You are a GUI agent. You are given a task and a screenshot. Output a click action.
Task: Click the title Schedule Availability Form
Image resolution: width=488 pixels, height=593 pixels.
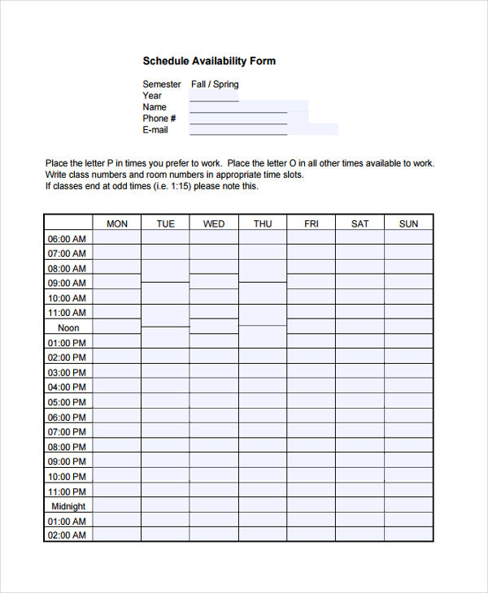click(209, 61)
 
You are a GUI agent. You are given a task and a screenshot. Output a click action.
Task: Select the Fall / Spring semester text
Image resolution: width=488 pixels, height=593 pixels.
click(215, 84)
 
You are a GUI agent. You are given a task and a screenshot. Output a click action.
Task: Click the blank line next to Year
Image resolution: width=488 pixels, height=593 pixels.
click(214, 97)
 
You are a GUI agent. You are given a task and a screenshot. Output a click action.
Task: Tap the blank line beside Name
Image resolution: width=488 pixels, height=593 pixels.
click(238, 109)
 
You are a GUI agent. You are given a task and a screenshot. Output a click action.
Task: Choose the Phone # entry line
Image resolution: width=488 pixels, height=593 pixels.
click(238, 120)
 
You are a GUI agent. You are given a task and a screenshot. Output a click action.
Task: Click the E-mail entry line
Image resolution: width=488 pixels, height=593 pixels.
click(238, 131)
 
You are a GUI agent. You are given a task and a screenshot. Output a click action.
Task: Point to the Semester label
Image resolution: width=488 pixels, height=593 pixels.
click(162, 84)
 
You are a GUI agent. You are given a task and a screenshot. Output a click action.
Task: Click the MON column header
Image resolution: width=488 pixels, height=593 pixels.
click(117, 223)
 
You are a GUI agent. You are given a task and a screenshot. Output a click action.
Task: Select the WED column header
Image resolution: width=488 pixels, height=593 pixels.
click(214, 223)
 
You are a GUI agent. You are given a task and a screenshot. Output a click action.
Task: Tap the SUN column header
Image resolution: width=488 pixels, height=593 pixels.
click(408, 223)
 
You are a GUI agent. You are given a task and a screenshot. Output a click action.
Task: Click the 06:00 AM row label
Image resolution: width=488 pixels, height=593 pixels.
click(67, 239)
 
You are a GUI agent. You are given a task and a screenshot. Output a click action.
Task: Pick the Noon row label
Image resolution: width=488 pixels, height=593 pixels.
click(68, 328)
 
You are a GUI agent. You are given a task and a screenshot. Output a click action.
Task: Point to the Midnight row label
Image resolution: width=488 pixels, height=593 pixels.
click(68, 506)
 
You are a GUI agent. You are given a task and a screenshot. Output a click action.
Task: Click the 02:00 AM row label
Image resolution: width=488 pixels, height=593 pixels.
click(68, 535)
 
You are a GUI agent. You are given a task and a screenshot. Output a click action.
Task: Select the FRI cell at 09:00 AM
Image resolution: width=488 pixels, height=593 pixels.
click(311, 282)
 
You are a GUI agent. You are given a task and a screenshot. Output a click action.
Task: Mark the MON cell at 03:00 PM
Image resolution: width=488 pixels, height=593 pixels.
click(117, 371)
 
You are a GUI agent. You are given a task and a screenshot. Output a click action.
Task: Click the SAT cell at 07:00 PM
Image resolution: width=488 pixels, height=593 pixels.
click(359, 431)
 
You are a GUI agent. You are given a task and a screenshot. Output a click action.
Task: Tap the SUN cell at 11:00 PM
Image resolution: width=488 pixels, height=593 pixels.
click(408, 490)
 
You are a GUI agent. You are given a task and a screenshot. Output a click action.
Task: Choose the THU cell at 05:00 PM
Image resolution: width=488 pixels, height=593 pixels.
click(263, 401)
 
